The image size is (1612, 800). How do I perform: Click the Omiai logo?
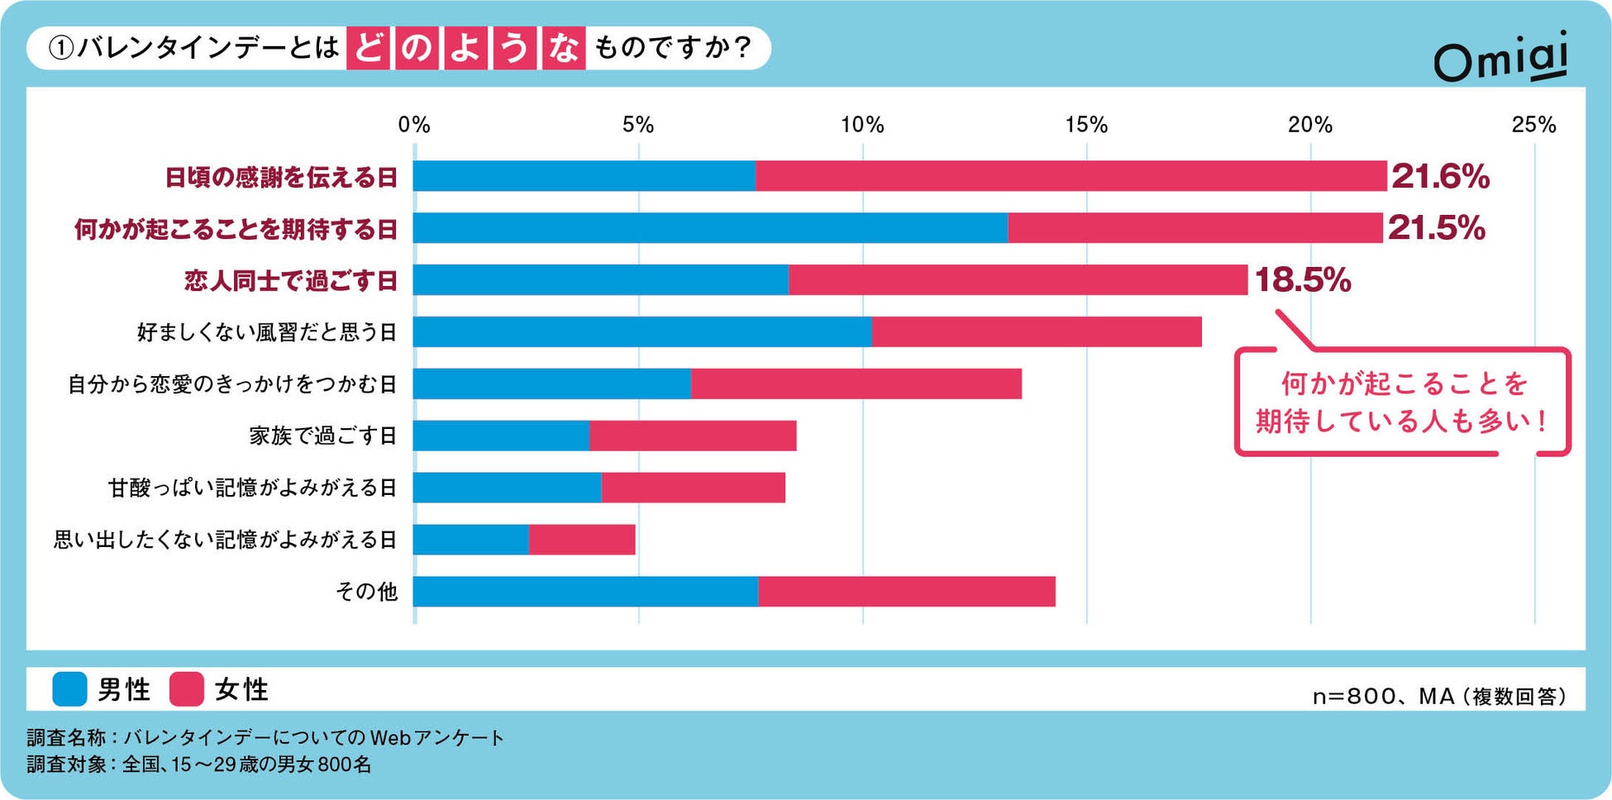1500,57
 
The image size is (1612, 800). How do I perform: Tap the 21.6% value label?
1440,176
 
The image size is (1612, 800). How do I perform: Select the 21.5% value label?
1437,228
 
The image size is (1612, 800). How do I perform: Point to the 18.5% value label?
1303,280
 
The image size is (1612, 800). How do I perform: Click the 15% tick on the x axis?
1086,125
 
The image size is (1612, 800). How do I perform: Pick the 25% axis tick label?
1533,125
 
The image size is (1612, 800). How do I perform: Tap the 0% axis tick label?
413,125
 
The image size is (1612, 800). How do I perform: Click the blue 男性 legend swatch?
69,689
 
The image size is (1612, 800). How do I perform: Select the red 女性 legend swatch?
187,689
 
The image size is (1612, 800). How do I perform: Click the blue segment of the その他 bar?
585,592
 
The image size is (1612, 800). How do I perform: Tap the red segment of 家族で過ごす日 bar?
693,436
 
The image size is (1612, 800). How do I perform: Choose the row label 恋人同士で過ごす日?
291,281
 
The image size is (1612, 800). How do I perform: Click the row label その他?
366,592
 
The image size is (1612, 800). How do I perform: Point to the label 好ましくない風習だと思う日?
267,332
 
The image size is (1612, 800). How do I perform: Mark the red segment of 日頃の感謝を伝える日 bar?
1071,176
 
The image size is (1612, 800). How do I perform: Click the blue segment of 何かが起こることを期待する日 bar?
710,228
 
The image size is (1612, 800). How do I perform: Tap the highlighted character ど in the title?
368,48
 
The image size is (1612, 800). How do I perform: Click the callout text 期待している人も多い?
1402,421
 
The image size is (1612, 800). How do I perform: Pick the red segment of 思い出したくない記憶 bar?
582,540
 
